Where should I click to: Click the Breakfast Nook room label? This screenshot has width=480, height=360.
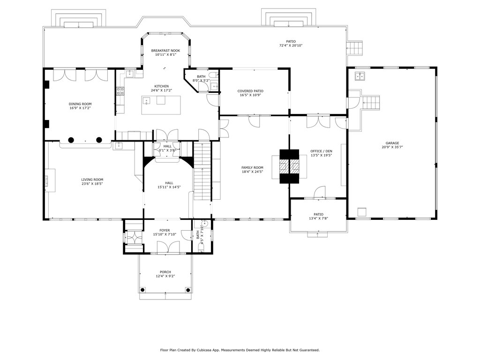coord(165,51)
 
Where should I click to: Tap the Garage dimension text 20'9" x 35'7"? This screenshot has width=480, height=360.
coord(392,147)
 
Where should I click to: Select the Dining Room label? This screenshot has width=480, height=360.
coord(80,104)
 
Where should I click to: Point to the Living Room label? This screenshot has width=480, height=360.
coord(92,180)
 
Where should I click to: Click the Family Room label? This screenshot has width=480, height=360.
coord(252,168)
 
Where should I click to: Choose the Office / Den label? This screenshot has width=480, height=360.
coord(321,151)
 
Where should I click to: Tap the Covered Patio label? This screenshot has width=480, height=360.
coord(250,91)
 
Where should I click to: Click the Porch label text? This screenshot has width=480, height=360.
coord(165,272)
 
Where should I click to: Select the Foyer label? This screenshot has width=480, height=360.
coord(165,231)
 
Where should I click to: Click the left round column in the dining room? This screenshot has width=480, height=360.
coord(71,140)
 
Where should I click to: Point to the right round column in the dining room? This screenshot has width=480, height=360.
coord(99,140)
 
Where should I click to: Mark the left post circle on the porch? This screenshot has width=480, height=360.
coord(142,290)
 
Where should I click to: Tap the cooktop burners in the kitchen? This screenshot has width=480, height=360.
coord(120,90)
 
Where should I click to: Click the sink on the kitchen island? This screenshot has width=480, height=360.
coord(147,100)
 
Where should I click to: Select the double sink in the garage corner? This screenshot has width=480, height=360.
coord(360,76)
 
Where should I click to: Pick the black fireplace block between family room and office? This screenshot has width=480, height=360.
coord(289,166)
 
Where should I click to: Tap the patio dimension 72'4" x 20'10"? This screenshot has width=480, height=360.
coord(291,45)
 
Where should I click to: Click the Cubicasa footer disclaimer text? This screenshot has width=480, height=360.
coord(240,350)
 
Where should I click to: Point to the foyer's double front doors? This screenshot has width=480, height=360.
coord(168,247)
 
